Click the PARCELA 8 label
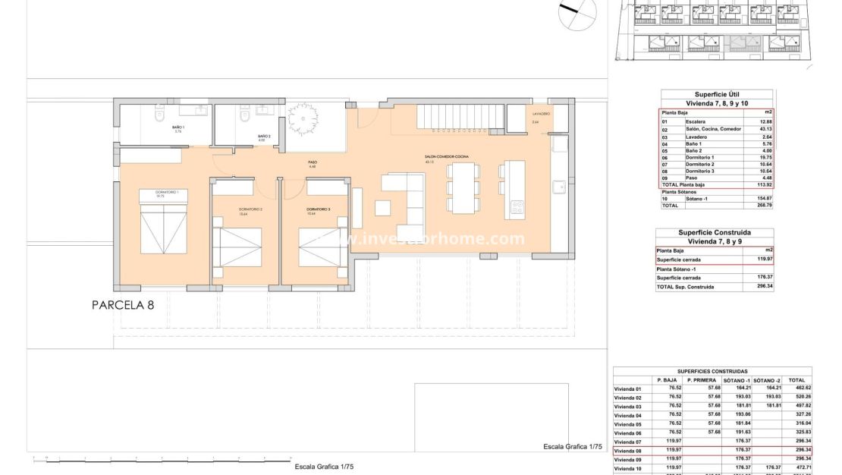pos(123,305)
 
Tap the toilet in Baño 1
pos(159,118)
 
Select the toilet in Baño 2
pos(244,118)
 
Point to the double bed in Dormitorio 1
pos(163,225)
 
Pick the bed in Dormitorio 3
pos(322,243)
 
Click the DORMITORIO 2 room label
pos(250,209)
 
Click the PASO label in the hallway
pos(312,162)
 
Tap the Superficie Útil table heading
pos(718,95)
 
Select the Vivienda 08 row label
pos(628,451)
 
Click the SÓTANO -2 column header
pos(767,380)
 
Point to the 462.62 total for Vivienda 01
pos(796,388)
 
